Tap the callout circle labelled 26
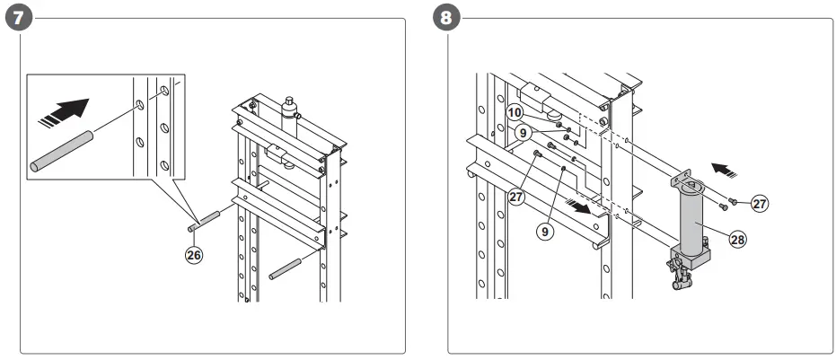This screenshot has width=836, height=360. [193, 255]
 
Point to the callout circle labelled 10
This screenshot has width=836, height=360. [515, 112]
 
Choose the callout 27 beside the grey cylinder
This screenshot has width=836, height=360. [760, 205]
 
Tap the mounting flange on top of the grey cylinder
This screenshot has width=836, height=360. [690, 184]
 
